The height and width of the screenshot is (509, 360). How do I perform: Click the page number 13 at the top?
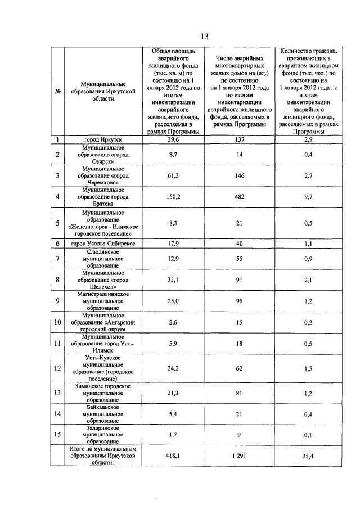click(204, 37)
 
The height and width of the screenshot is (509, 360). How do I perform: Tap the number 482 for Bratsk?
click(239, 197)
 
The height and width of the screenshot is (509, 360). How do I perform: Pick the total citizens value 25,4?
click(307, 457)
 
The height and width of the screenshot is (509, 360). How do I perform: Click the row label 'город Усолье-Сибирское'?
click(103, 243)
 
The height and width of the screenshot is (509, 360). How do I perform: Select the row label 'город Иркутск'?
click(103, 139)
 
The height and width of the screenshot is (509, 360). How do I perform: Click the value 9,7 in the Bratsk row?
click(307, 197)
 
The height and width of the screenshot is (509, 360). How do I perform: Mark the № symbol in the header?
click(57, 93)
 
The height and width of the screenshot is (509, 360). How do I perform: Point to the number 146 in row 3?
click(239, 176)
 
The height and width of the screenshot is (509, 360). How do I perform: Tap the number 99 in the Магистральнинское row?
click(239, 301)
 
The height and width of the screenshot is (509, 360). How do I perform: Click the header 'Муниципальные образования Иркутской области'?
click(103, 93)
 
